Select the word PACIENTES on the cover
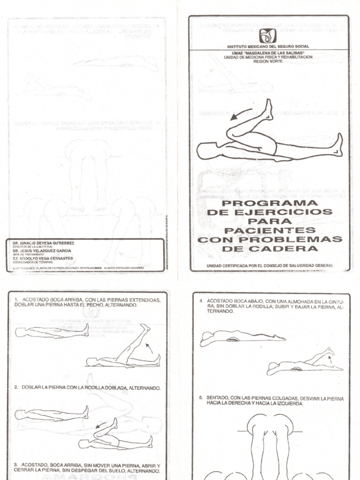click(270, 231)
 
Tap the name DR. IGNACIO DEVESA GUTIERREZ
click(41, 243)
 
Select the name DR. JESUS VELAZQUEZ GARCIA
click(41, 251)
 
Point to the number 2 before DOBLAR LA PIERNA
click(16, 388)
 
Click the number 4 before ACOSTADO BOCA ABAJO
click(201, 300)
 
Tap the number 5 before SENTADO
click(201, 398)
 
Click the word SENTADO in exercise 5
click(218, 398)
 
